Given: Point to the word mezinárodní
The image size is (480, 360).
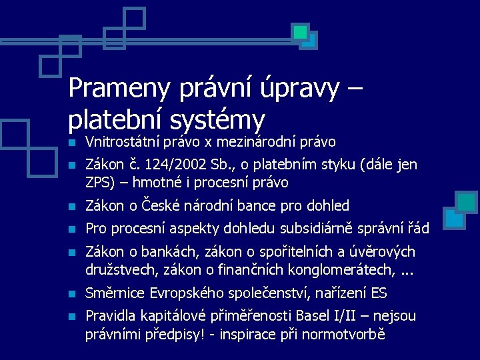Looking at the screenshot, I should point(261,142).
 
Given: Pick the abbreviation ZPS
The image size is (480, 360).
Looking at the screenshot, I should point(98,183).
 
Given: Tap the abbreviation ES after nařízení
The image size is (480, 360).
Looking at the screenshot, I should point(378,293).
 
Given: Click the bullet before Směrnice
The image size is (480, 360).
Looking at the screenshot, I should point(73,294).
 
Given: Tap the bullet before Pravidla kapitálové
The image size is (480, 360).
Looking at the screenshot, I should point(73,317).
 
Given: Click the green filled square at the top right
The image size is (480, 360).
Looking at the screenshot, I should point(301,31).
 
